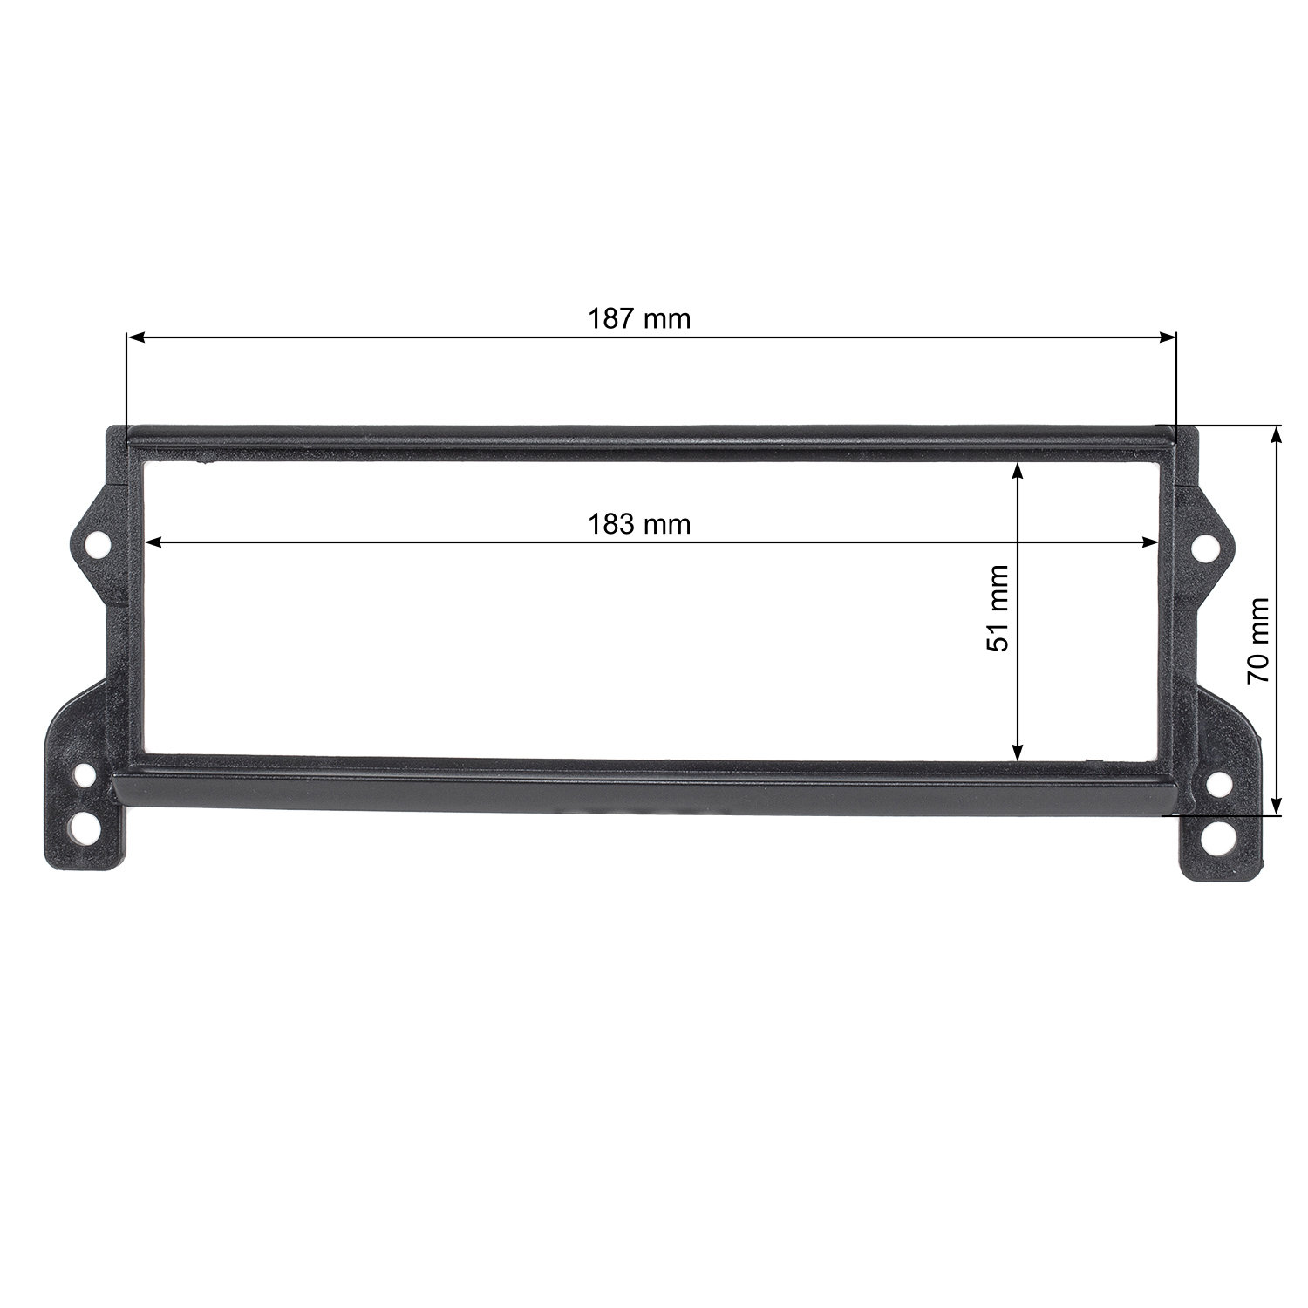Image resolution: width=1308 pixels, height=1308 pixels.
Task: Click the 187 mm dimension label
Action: coord(639,319)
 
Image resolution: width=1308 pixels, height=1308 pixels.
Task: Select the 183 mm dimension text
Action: coord(639,525)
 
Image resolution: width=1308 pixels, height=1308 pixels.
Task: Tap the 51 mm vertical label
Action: coord(998,609)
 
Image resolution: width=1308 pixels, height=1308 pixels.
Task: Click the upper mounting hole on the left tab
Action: coord(98,547)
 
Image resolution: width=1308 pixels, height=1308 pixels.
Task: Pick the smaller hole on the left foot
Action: coord(85,774)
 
